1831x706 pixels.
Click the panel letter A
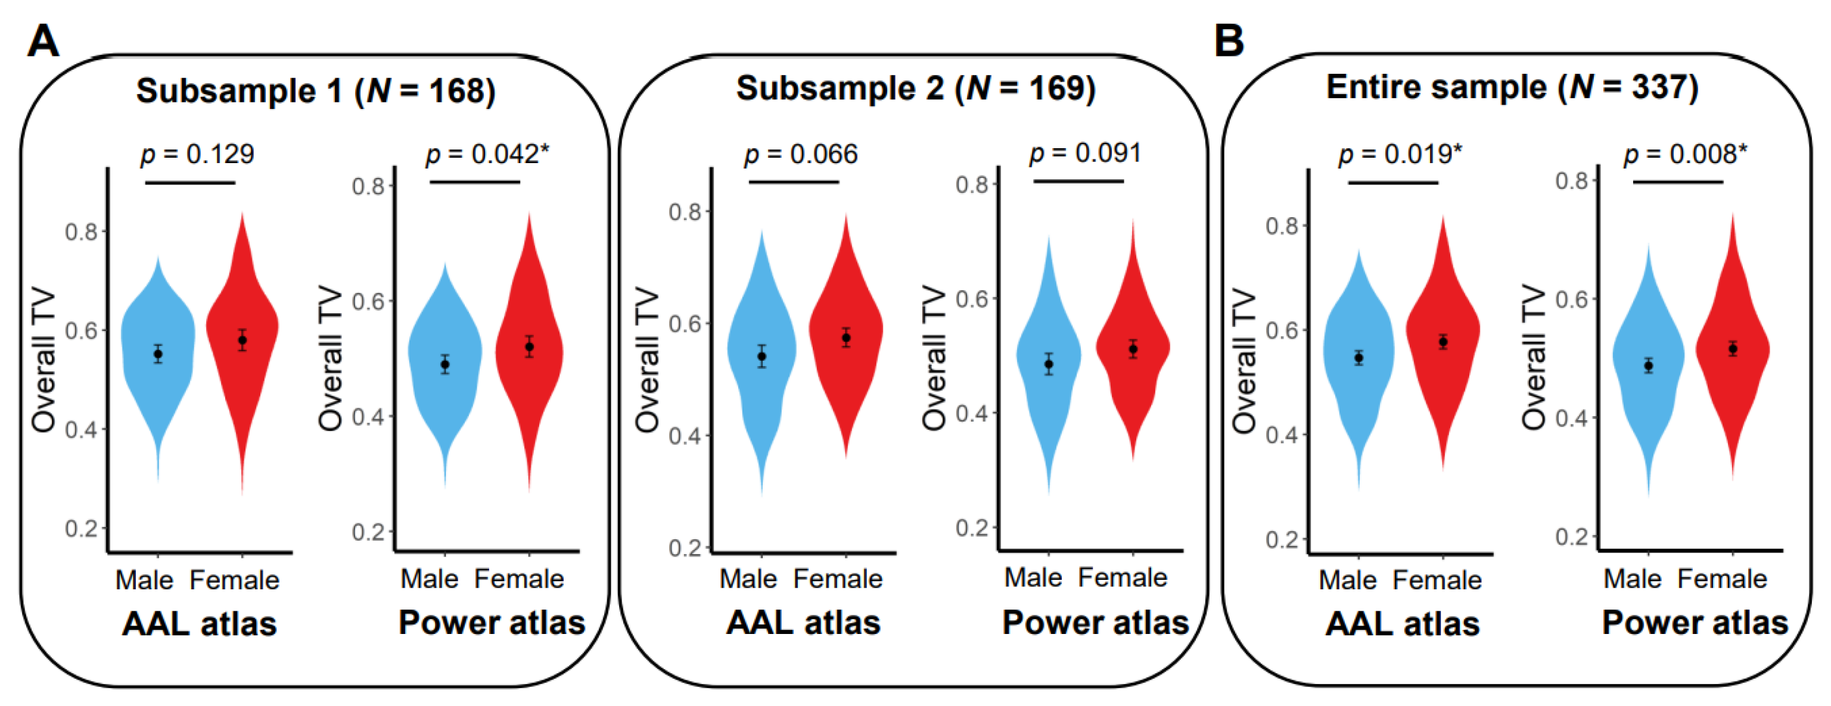coord(43,41)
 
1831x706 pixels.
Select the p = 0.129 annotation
coord(197,154)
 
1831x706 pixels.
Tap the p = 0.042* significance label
coord(487,154)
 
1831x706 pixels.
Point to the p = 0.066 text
coord(800,154)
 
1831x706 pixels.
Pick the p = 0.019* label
coord(1400,154)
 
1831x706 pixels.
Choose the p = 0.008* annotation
coord(1684,154)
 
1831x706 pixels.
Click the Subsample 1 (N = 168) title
coord(316,91)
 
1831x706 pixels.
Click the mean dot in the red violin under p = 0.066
coord(846,338)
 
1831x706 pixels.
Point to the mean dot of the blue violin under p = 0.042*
coord(445,364)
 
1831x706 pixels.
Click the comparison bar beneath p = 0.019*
coord(1393,183)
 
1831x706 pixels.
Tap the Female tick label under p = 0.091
coord(1123,577)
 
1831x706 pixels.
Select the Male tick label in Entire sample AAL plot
coord(1348,580)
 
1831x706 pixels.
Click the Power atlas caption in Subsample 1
coord(492,623)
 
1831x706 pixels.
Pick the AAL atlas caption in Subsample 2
coord(803,623)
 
